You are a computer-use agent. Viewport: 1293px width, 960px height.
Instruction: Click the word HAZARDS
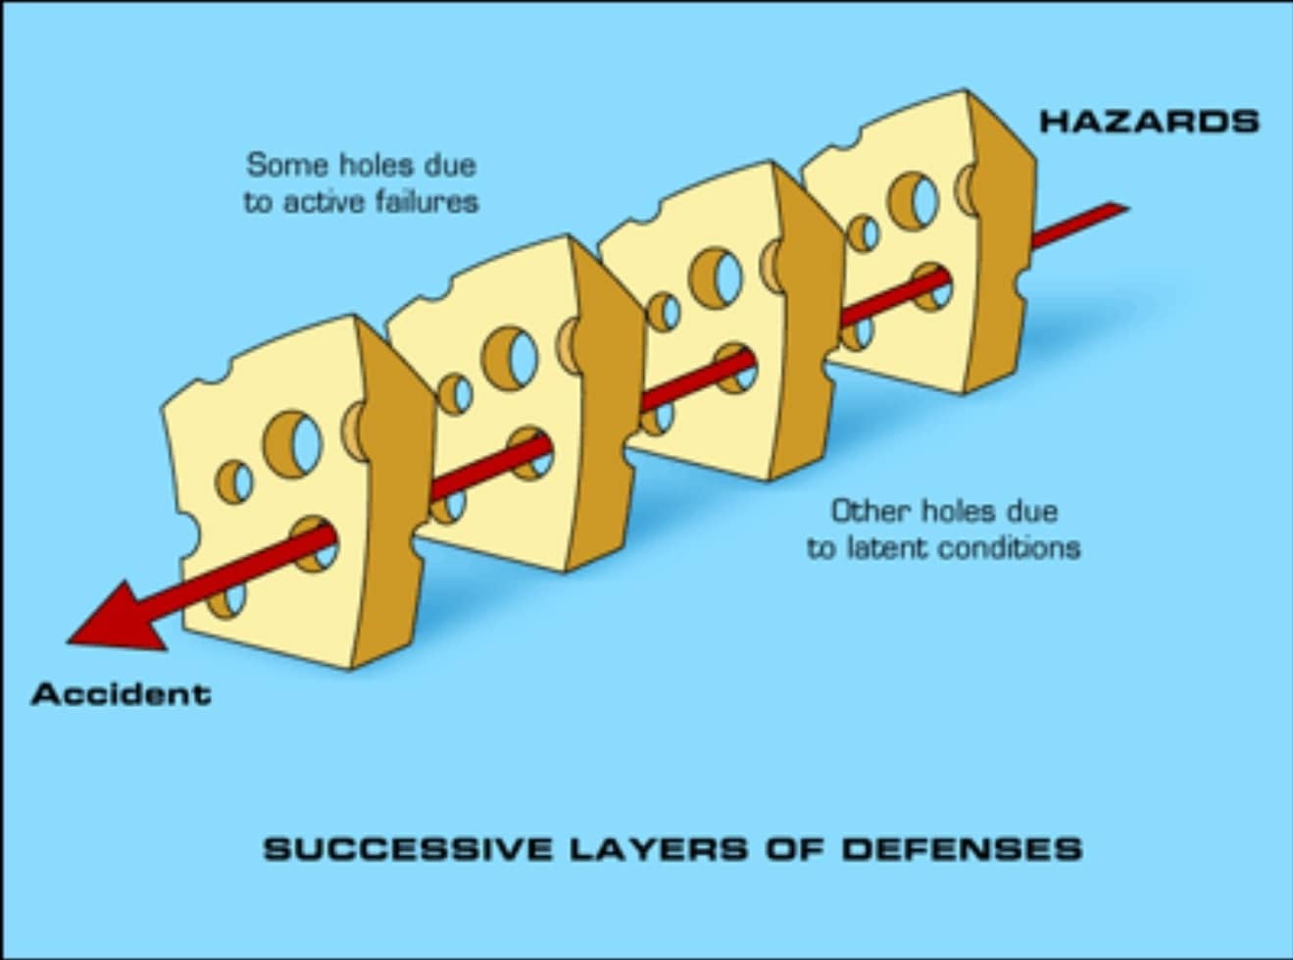point(1149,122)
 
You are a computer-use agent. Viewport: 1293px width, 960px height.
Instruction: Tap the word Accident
point(122,694)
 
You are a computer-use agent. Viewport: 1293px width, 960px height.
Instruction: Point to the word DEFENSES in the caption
point(962,848)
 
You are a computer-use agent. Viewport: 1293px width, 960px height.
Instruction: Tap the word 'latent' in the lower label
point(893,547)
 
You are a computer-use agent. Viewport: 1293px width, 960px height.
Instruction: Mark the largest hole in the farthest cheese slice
point(914,200)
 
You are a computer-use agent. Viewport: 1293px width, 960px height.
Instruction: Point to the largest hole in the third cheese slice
point(718,276)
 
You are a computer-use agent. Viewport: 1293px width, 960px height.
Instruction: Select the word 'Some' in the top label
point(276,165)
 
